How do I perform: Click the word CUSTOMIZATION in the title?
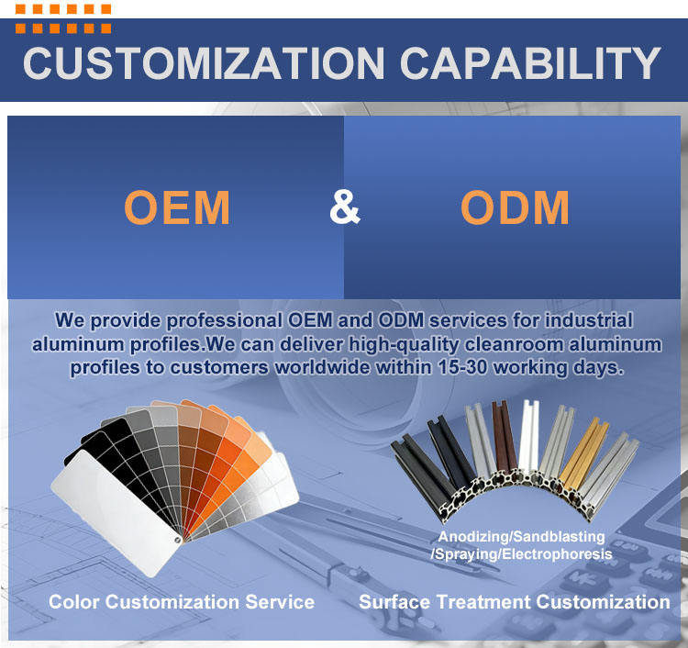pyautogui.click(x=204, y=63)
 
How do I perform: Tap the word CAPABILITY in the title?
pyautogui.click(x=530, y=63)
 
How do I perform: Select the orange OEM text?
pyautogui.click(x=177, y=207)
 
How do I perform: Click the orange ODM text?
pyautogui.click(x=515, y=207)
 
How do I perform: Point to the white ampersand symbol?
pyautogui.click(x=345, y=207)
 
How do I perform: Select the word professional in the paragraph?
pyautogui.click(x=224, y=321)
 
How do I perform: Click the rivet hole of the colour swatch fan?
pyautogui.click(x=178, y=539)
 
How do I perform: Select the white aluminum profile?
pyautogui.click(x=528, y=437)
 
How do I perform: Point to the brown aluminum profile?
pyautogui.click(x=504, y=438)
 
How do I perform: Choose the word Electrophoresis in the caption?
pyautogui.click(x=557, y=554)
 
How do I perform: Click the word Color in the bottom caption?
pyautogui.click(x=74, y=602)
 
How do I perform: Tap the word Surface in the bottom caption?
pyautogui.click(x=394, y=602)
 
